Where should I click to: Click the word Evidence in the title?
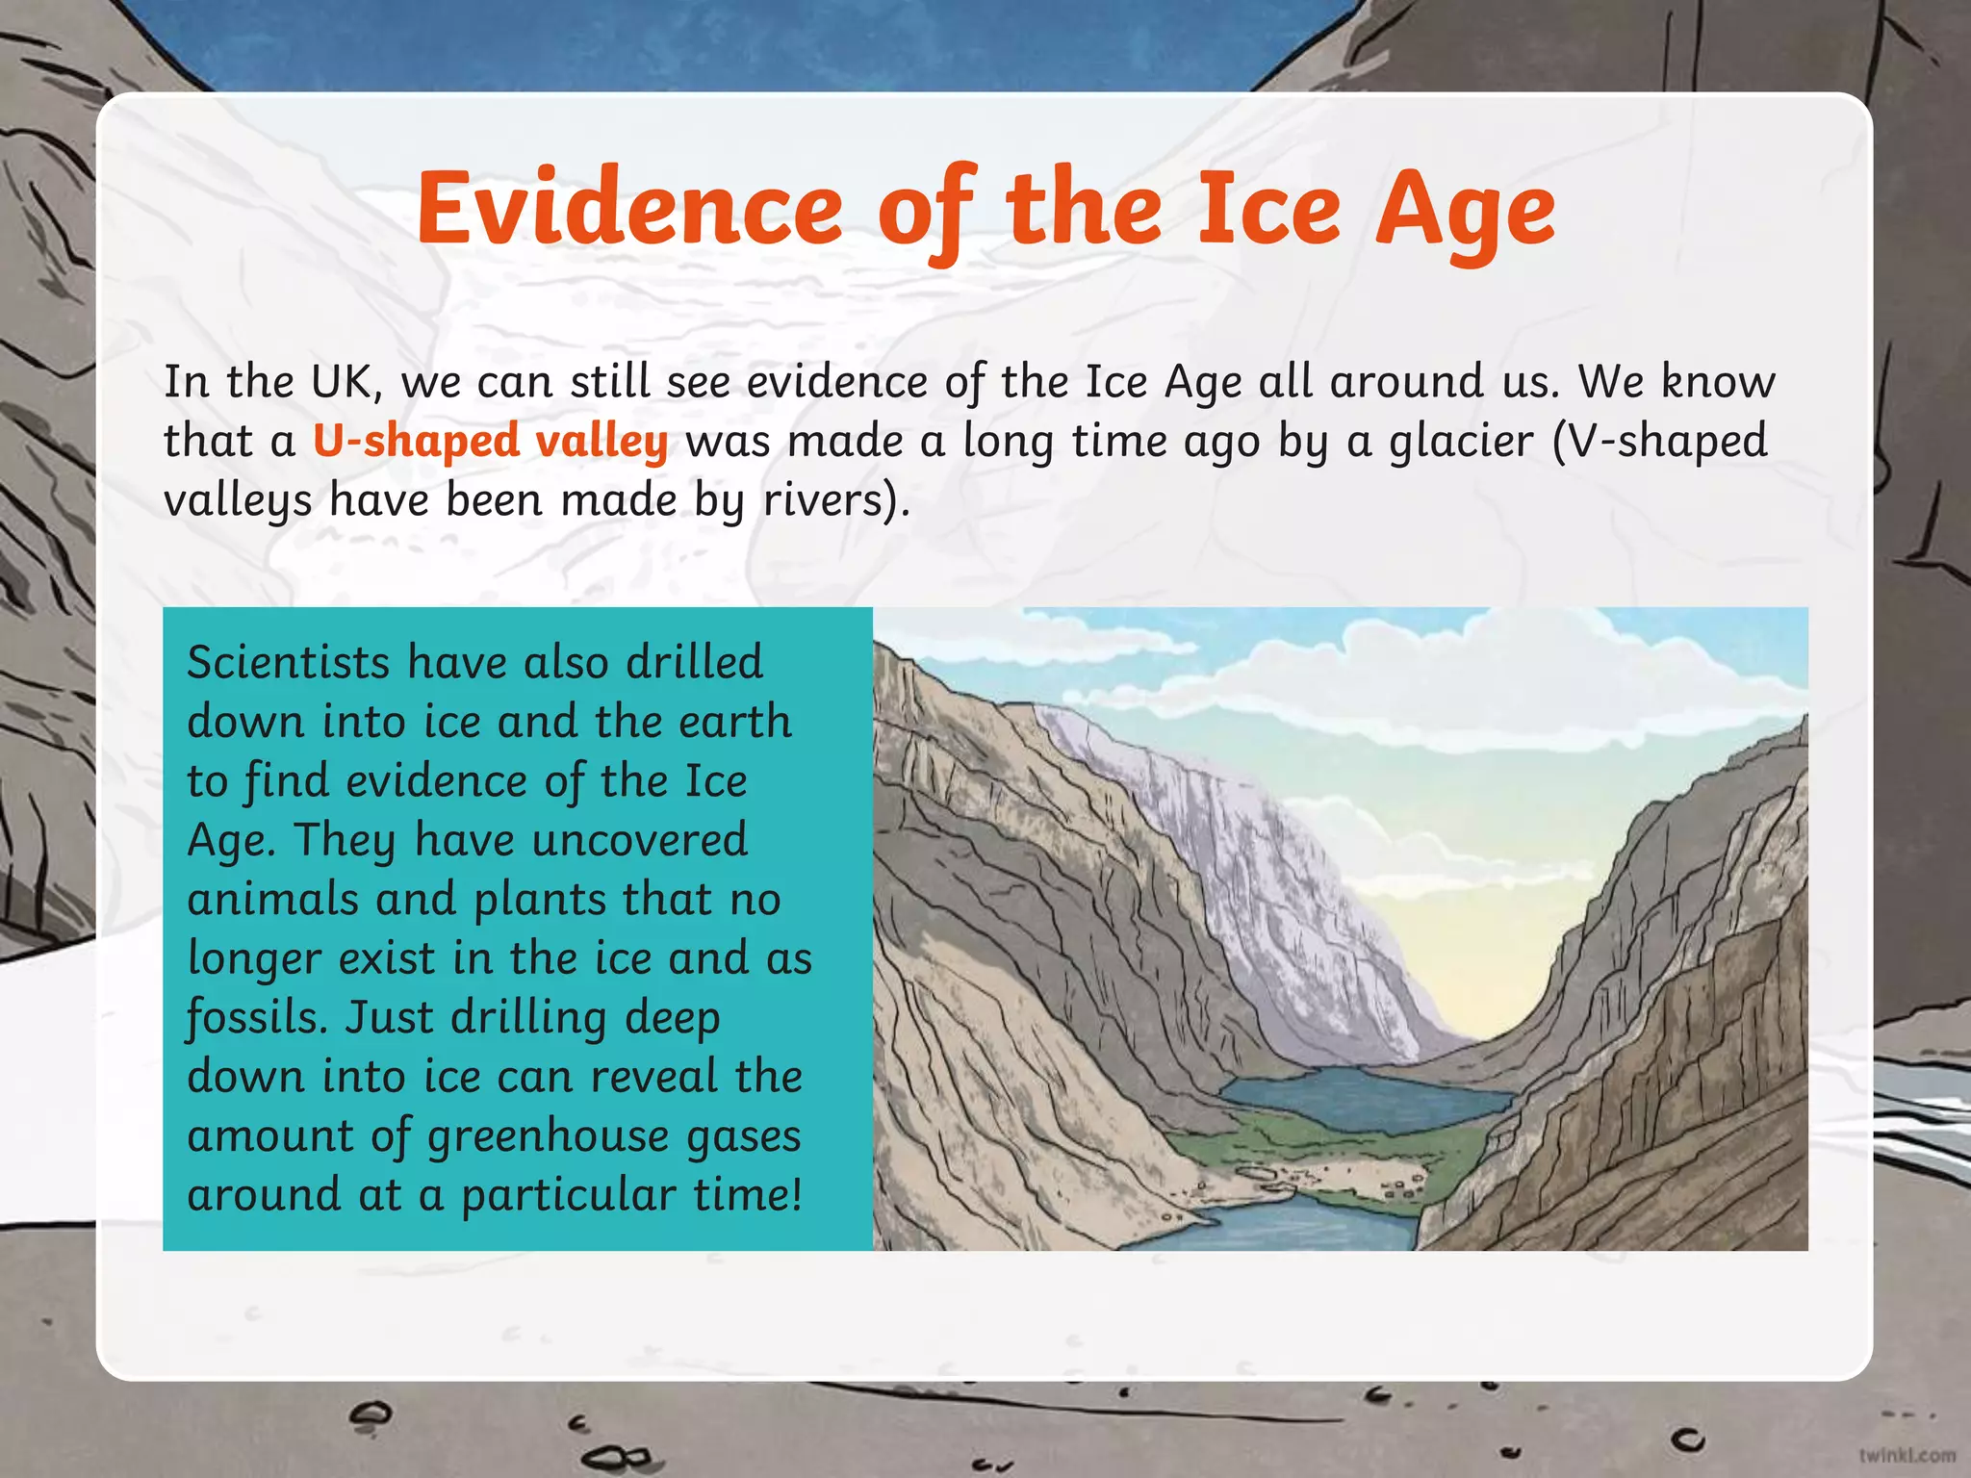tap(629, 209)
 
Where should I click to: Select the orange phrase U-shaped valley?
tap(491, 442)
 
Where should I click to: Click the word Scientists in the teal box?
tap(289, 663)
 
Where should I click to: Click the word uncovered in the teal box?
tap(639, 840)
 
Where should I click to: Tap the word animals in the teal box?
tap(273, 900)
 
